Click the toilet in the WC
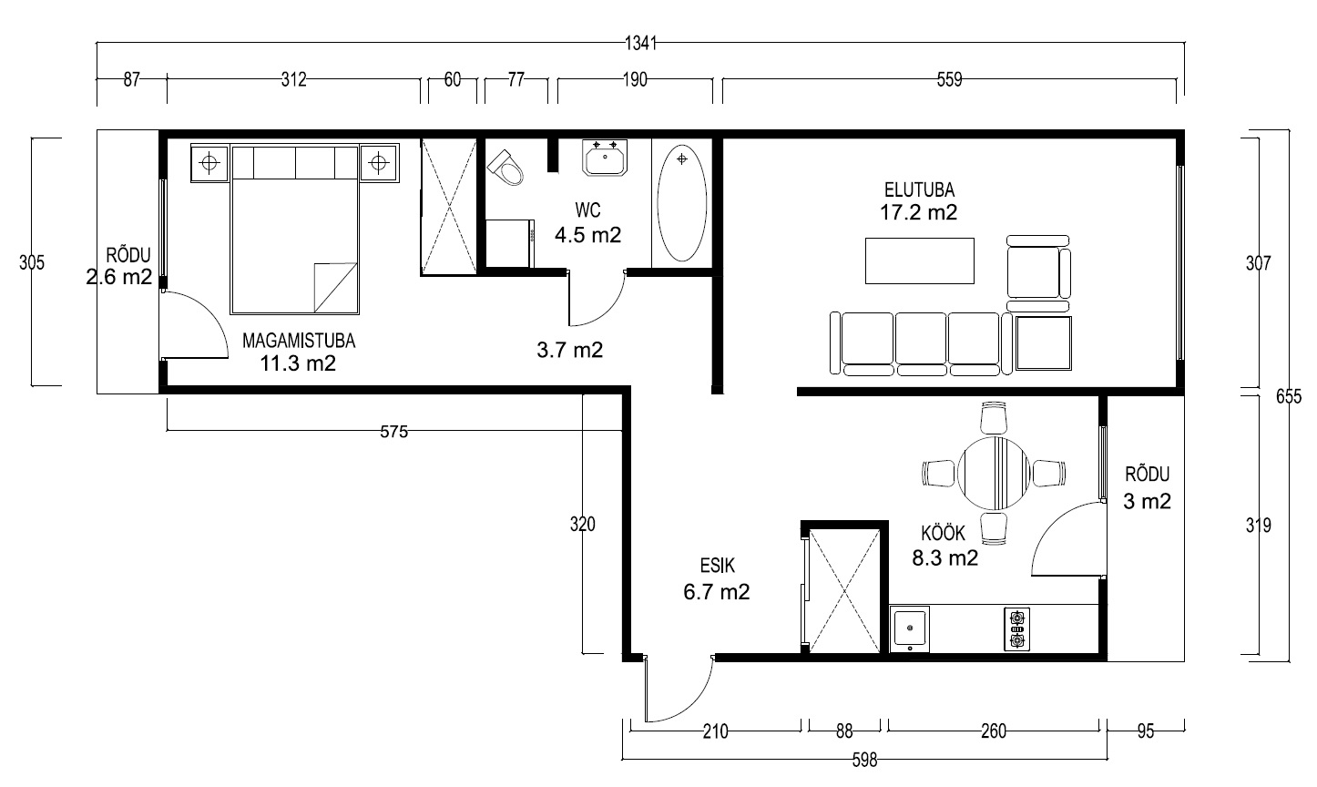[505, 167]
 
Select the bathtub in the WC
[682, 203]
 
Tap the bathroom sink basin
[605, 158]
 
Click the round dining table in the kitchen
[994, 473]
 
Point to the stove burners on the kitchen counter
[1016, 629]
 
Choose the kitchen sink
[910, 629]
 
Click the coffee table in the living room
[920, 261]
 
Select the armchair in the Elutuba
[1038, 273]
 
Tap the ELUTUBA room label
[920, 190]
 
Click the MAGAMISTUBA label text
[299, 341]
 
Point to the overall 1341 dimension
[640, 43]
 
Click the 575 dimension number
[394, 432]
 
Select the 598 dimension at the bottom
[865, 760]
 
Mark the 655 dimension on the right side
[1289, 396]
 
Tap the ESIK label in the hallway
[718, 566]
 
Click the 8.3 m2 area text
[944, 557]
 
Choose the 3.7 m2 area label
[570, 350]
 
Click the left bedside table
[209, 162]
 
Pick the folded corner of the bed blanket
[335, 286]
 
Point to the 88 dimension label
[844, 731]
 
